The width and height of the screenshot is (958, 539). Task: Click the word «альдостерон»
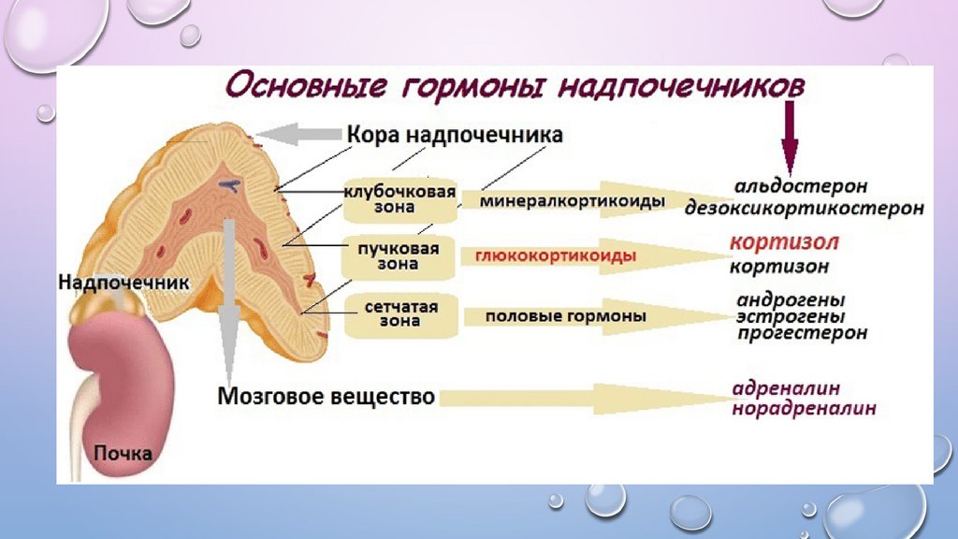click(800, 186)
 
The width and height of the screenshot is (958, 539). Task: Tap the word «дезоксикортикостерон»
click(804, 208)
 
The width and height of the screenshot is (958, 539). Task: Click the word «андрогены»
click(791, 300)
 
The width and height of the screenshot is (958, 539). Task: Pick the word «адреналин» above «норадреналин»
click(786, 387)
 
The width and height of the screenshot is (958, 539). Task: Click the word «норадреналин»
click(804, 408)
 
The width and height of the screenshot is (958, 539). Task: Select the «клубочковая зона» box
click(399, 199)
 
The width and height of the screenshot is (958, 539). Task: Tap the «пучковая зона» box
click(399, 256)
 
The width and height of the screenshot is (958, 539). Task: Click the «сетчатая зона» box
click(399, 314)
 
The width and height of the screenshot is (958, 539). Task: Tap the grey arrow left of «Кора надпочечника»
click(301, 135)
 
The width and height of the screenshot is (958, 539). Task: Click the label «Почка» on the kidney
click(123, 454)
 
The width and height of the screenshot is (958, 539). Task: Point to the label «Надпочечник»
click(123, 281)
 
